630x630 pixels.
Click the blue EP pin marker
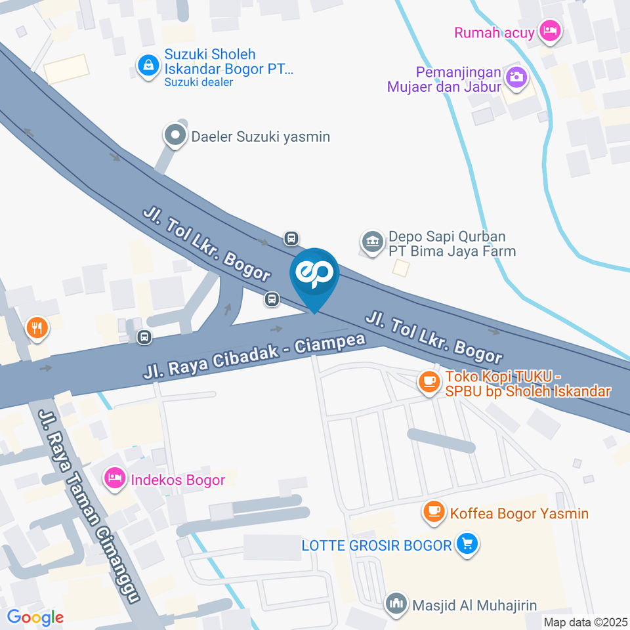coord(314,276)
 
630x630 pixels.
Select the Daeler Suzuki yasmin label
coord(260,136)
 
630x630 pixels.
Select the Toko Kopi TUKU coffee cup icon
coord(429,381)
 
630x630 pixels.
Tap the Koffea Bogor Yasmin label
coord(519,513)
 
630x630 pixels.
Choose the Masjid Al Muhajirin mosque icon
coord(396,603)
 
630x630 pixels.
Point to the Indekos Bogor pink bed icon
coord(114,479)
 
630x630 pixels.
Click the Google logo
coord(35,617)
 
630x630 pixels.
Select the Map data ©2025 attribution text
coord(585,621)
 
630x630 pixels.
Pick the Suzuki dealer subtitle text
coord(198,82)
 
